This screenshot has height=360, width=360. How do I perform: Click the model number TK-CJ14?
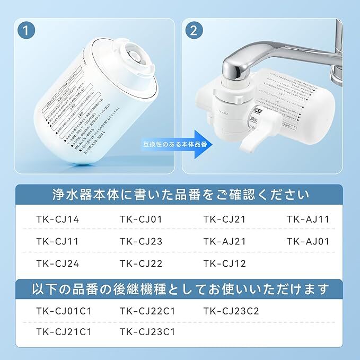tap(57, 219)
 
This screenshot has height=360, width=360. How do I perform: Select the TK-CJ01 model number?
tap(141, 219)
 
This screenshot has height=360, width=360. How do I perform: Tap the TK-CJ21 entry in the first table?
tap(225, 219)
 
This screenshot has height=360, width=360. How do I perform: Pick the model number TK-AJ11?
tap(308, 219)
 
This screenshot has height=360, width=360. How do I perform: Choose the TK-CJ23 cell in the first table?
tap(141, 241)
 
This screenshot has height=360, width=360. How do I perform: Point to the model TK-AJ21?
tap(225, 241)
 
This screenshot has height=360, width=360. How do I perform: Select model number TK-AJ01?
tap(308, 241)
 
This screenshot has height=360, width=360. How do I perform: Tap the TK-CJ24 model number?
tap(57, 264)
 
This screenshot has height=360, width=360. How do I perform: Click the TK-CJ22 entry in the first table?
tap(141, 264)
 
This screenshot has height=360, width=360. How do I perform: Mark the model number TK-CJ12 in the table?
tap(225, 264)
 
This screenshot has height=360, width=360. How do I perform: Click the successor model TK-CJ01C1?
tap(64, 311)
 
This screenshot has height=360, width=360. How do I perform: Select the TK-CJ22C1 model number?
tap(148, 311)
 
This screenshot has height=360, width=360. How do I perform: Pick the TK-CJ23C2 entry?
tap(232, 311)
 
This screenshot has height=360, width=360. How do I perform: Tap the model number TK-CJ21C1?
tap(64, 332)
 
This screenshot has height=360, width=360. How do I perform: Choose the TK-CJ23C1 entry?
tap(148, 332)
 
